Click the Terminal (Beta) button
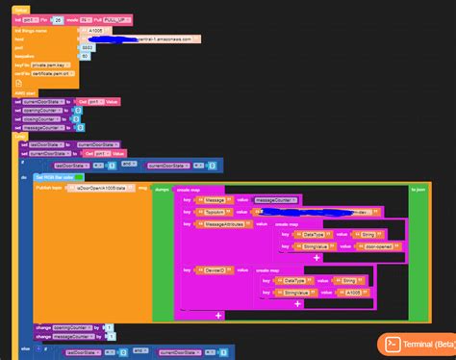pos(416,344)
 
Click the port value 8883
pos(87,47)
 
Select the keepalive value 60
pos(85,56)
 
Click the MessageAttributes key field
pos(223,223)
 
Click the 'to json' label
pos(419,190)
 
